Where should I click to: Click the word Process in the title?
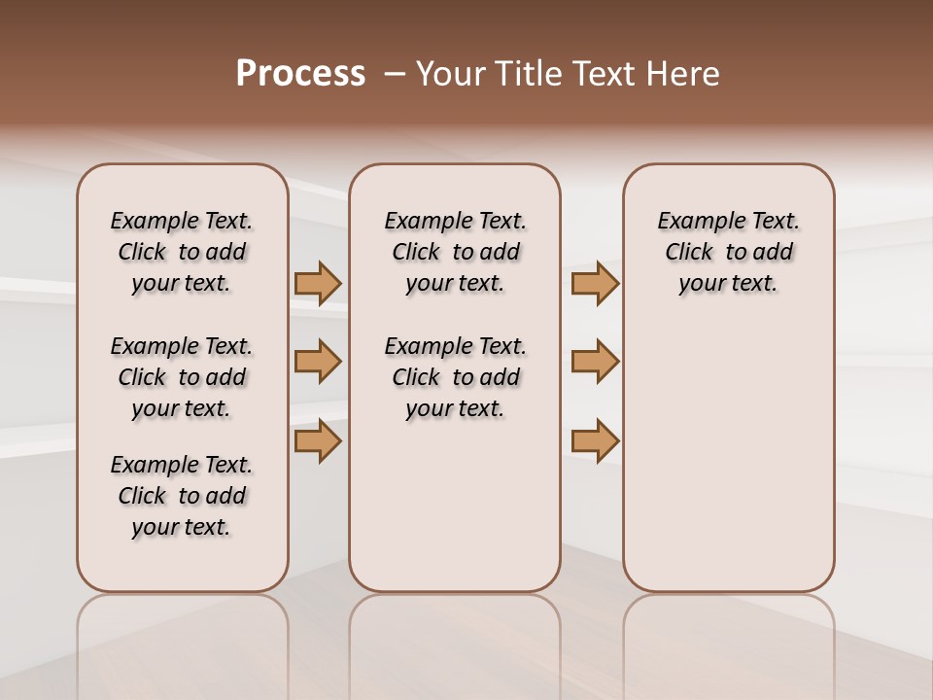[300, 74]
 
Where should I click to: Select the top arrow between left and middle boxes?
[318, 283]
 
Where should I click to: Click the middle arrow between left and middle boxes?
[318, 362]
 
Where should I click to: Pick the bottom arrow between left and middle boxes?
[318, 441]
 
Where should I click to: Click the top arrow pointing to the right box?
[595, 283]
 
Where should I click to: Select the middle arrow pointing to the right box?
[595, 362]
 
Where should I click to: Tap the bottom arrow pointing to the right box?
[595, 441]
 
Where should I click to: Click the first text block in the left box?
[182, 252]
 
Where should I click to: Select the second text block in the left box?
[182, 377]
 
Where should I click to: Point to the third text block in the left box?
[182, 496]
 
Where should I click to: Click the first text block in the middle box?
[455, 252]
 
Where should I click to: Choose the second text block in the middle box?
[455, 377]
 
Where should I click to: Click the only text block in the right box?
[728, 252]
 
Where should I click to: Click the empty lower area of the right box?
[728, 457]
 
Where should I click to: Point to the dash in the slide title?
[395, 74]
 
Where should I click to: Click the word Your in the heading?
[452, 74]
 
